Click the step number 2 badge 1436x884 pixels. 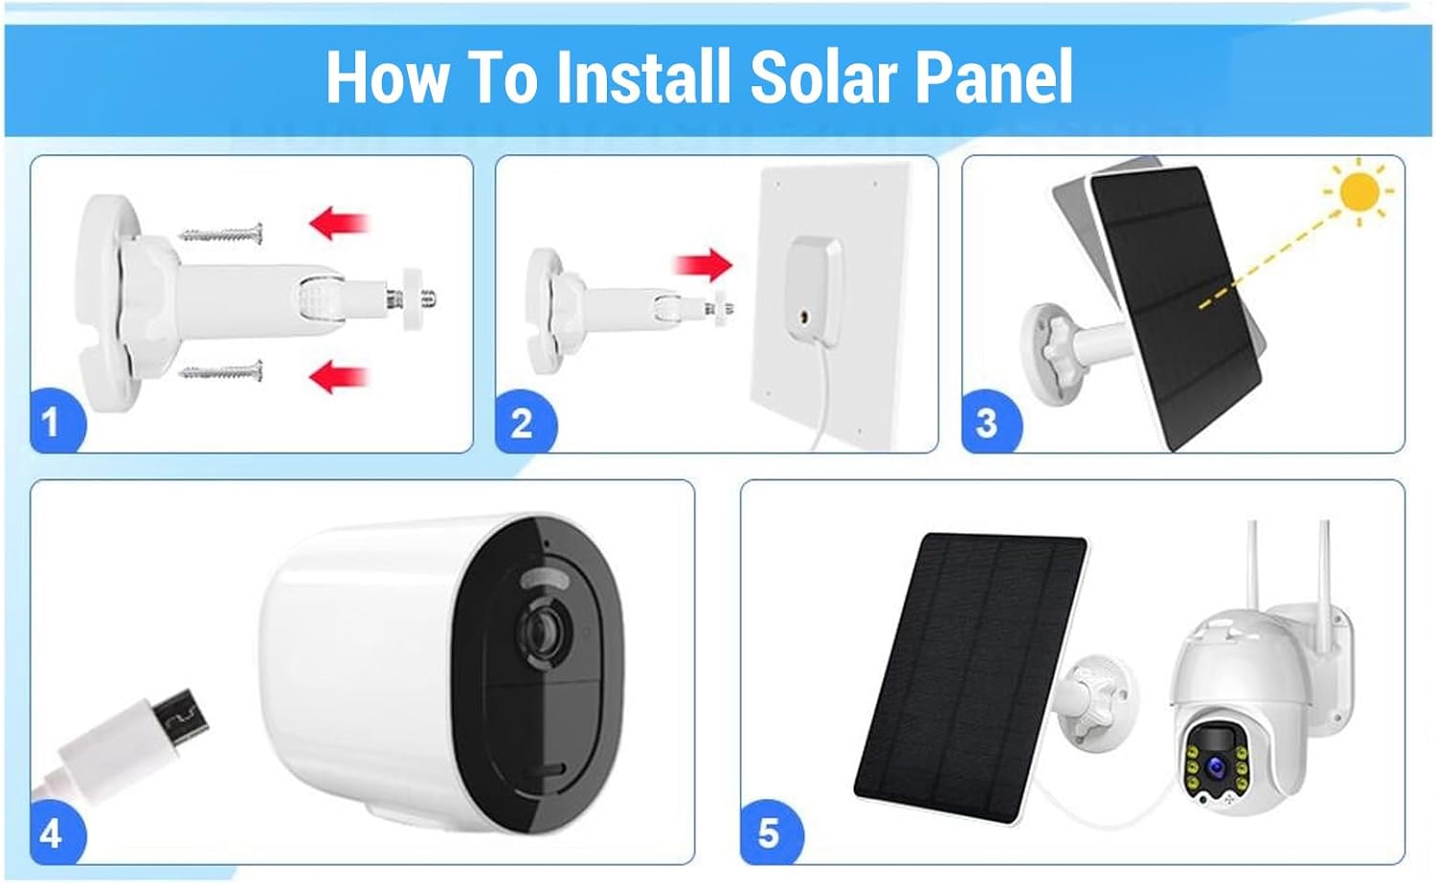coord(522,423)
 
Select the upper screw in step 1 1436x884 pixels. coord(222,232)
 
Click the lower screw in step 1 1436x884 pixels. coord(222,369)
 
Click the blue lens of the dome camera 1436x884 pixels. coord(1216,765)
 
